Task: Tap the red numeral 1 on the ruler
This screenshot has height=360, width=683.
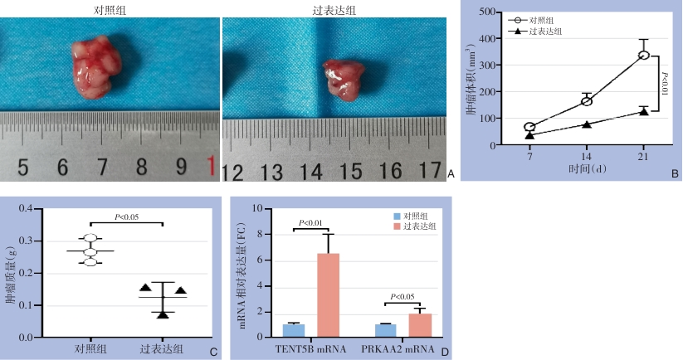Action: (212, 165)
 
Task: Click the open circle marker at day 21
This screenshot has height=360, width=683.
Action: (643, 56)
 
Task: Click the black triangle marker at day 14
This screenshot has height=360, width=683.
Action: (587, 124)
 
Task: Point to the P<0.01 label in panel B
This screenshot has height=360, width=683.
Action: (664, 83)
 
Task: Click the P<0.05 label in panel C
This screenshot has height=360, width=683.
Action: (126, 217)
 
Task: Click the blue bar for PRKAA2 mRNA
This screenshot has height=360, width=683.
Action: (386, 329)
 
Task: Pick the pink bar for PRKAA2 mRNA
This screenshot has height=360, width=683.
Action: (421, 324)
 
